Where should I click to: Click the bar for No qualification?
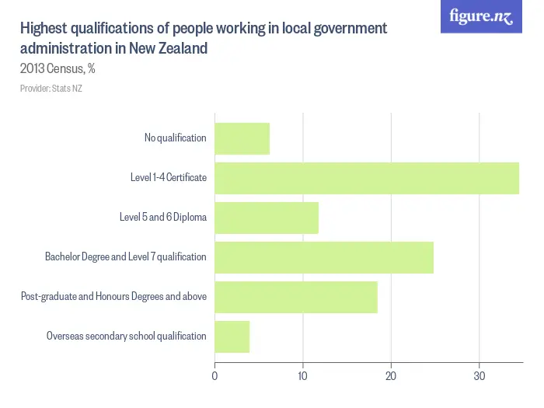coord(242,138)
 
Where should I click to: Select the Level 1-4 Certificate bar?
coord(366,178)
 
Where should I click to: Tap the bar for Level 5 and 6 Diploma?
coord(267,218)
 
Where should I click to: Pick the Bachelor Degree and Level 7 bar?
coord(323,257)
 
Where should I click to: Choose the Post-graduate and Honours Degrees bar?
coord(295,297)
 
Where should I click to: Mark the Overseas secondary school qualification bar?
coord(232,337)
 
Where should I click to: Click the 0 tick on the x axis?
coord(214,376)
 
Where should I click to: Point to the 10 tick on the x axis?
coord(302,376)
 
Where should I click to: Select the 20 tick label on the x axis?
coord(391,376)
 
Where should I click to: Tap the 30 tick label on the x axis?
coord(479,376)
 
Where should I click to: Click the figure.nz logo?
coord(481,16)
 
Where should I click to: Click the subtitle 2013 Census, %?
coord(58,68)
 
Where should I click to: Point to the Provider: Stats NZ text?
coord(51,89)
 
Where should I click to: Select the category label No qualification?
coord(175,138)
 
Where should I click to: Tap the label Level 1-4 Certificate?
coord(168,178)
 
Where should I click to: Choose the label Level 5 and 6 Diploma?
coord(162,218)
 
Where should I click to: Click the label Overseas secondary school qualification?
coord(126,337)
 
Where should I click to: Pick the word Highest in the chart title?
coord(44,29)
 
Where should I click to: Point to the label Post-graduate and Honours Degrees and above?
coord(113,297)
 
